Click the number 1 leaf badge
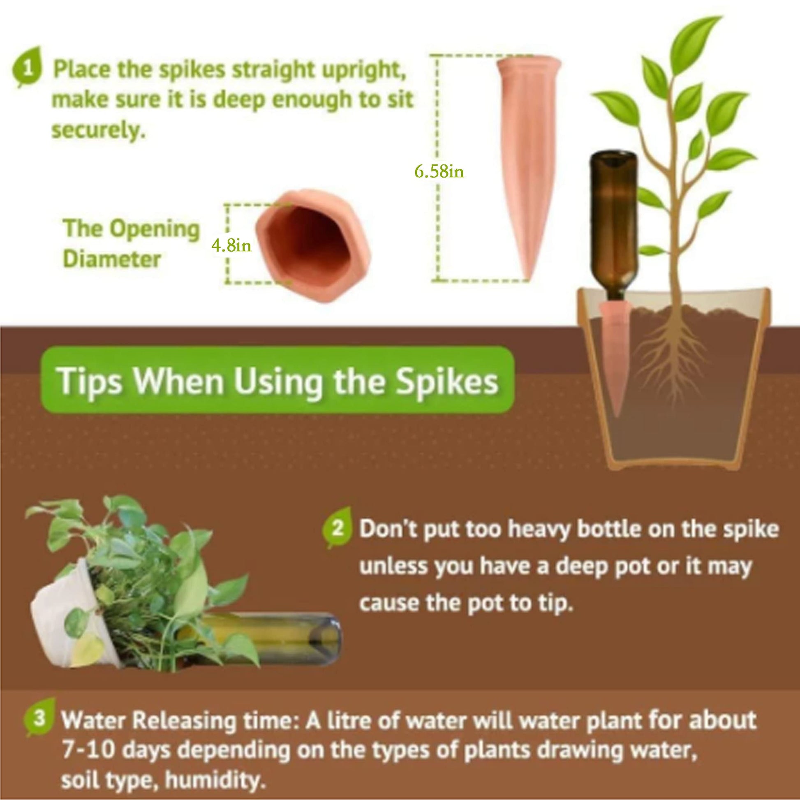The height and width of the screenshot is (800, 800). click(28, 67)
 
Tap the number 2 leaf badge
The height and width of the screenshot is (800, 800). click(338, 528)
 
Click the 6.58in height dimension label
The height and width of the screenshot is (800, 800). click(439, 171)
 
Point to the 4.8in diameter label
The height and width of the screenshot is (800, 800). click(231, 246)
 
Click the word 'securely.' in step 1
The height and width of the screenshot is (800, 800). click(99, 131)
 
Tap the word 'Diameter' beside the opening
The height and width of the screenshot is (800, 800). click(112, 260)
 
